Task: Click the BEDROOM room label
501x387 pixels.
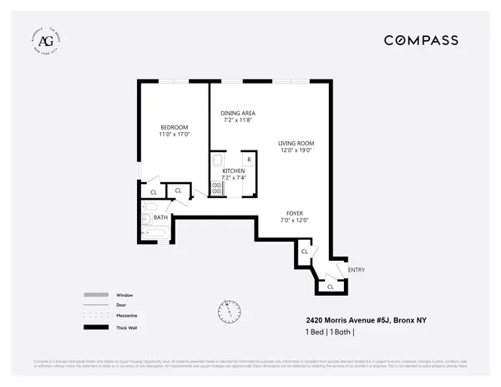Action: (175, 127)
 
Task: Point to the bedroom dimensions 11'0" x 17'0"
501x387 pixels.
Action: (175, 135)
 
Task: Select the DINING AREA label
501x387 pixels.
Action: (238, 113)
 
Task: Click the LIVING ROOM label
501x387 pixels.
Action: (296, 144)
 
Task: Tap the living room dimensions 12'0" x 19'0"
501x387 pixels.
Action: (296, 151)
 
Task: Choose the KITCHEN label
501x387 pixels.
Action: (233, 171)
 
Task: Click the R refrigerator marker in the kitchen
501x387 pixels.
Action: (248, 159)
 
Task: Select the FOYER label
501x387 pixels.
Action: (295, 212)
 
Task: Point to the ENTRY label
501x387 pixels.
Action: (356, 269)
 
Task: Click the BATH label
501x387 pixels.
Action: (160, 217)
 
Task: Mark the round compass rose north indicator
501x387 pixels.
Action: (226, 309)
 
